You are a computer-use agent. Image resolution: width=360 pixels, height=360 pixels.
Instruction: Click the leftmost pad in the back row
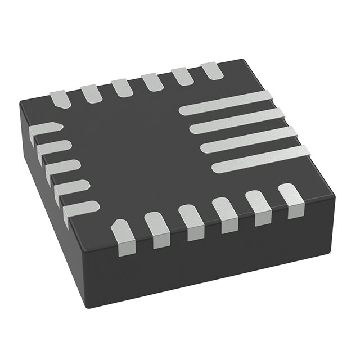60,98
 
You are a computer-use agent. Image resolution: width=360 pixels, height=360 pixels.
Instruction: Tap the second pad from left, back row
91,93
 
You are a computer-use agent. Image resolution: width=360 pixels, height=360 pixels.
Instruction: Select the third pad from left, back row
121,87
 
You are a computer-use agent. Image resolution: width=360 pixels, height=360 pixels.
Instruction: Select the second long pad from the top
237,121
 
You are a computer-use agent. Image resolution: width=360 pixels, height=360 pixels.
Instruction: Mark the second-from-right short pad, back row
182,76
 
